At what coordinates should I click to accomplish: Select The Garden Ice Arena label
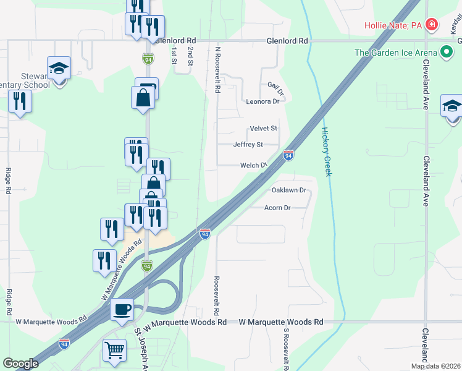(396, 53)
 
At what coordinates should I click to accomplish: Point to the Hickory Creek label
(326, 151)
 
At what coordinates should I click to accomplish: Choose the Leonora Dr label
(262, 101)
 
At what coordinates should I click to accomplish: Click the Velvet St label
(264, 129)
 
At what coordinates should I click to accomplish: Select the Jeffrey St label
(248, 145)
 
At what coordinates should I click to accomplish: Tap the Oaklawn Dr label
(289, 190)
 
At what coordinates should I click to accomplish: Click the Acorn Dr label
(277, 208)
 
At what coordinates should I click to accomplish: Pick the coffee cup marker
(122, 309)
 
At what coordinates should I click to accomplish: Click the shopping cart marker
(115, 350)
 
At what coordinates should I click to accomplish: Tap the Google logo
(20, 364)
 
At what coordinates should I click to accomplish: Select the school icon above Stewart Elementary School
(59, 67)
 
